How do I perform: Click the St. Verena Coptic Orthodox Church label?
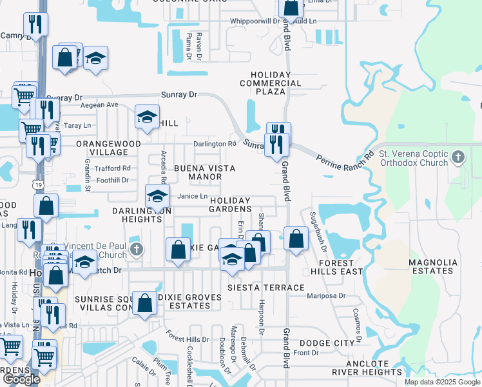pos(412,158)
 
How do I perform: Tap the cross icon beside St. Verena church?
pos(458,157)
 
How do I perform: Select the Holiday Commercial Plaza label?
pos(271,83)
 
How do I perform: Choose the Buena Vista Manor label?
pos(203,172)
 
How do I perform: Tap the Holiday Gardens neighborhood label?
pos(230,204)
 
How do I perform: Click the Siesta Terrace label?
pos(266,288)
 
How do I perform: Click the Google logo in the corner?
pos(21,379)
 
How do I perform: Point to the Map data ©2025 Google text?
pos(442,382)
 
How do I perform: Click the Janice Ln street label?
pos(193,196)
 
